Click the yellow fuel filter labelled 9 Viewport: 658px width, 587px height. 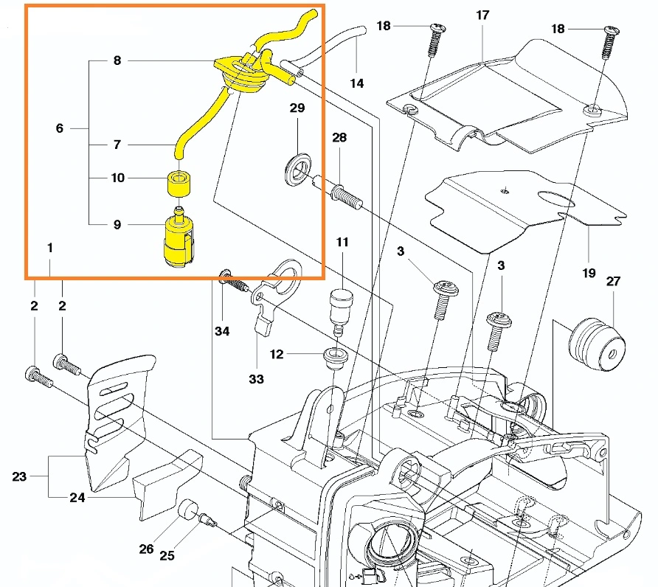177,240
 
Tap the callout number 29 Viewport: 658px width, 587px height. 297,108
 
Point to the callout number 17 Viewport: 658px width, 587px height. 483,15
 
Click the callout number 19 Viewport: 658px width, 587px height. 588,273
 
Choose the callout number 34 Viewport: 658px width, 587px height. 222,331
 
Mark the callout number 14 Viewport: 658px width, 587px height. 357,83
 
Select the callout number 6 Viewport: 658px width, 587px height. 60,128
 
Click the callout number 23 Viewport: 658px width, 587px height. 19,476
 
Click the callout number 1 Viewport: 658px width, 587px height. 50,249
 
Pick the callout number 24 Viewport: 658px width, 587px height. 77,498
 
